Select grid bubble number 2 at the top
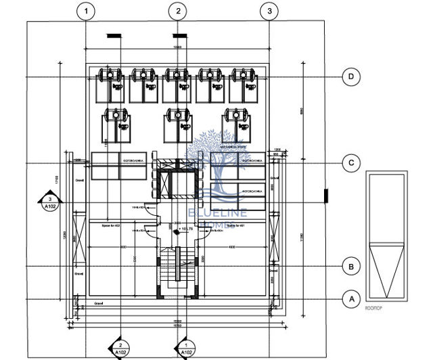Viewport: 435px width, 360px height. tap(178, 11)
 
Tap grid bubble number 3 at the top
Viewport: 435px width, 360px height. tap(269, 11)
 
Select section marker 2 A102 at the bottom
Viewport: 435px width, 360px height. tap(120, 348)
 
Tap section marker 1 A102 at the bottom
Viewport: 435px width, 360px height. tap(185, 348)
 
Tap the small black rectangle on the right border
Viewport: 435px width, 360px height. tap(326, 196)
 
